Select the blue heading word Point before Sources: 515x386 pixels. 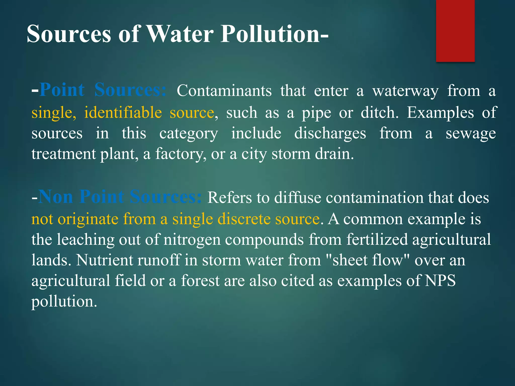point(62,90)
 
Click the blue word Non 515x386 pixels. point(56,197)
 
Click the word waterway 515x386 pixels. point(405,91)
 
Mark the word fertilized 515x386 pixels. point(377,239)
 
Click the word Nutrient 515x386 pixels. point(104,260)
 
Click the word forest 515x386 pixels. point(200,280)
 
